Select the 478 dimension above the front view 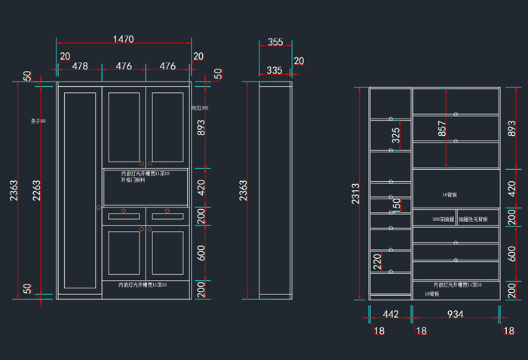(79, 66)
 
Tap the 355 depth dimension (275, 42)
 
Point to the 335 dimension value (275, 70)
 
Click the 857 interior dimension (441, 129)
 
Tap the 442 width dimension (390, 314)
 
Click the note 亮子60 (38, 121)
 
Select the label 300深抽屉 (443, 219)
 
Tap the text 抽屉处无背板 (473, 219)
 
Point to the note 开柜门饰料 (133, 180)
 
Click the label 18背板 (450, 194)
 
